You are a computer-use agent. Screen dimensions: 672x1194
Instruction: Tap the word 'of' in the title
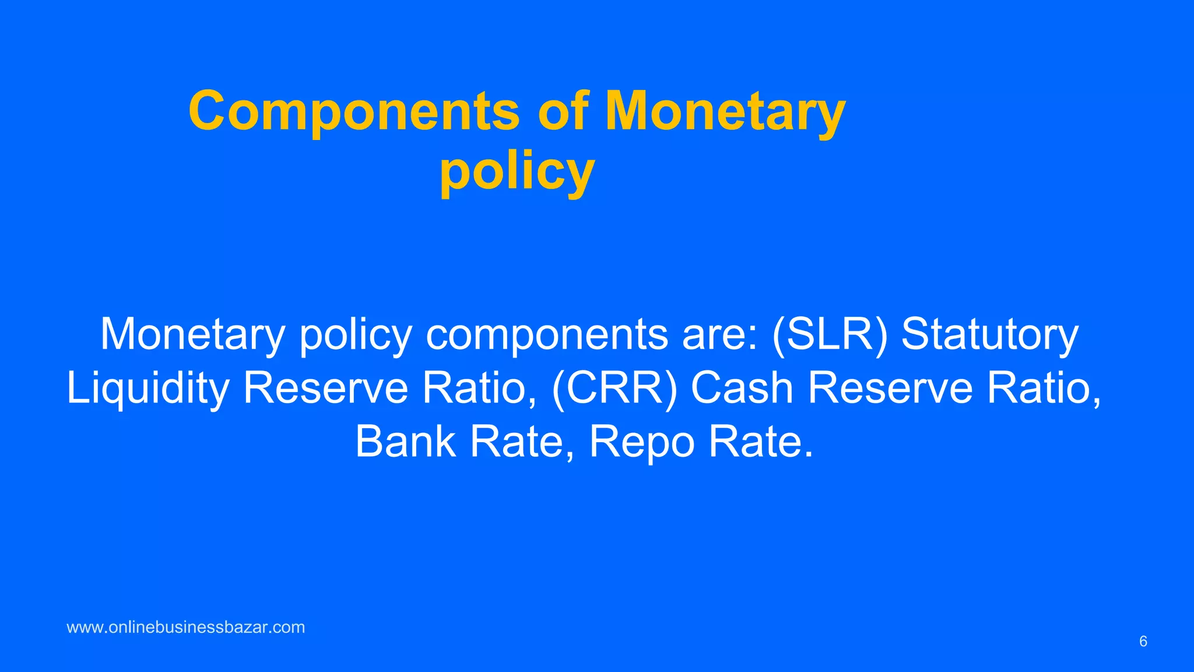[x=563, y=111]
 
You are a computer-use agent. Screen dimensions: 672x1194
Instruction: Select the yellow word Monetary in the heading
[x=725, y=111]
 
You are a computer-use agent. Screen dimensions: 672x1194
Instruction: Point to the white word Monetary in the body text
[x=192, y=334]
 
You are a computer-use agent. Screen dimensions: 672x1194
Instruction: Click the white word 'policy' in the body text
[x=356, y=334]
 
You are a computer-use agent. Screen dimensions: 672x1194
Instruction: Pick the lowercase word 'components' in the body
[x=547, y=334]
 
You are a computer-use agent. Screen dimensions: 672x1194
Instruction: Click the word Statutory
[x=990, y=334]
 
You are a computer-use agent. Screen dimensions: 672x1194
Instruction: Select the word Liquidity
[x=148, y=388]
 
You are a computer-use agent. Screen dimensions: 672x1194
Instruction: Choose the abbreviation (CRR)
[x=614, y=388]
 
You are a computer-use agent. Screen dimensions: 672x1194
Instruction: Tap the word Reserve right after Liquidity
[x=325, y=388]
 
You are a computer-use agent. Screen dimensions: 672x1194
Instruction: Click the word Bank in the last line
[x=405, y=442]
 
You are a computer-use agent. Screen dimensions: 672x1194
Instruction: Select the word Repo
[x=642, y=442]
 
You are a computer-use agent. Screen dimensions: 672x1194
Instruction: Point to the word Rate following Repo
[x=761, y=442]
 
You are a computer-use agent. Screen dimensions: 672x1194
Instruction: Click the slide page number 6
[x=1143, y=642]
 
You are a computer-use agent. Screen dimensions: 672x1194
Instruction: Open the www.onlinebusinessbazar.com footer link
[x=186, y=628]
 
